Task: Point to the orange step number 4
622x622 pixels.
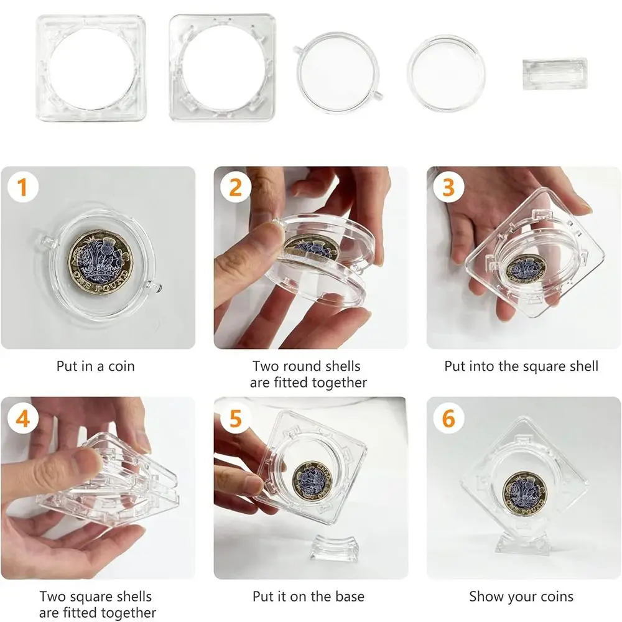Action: [22, 419]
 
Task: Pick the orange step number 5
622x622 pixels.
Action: [236, 419]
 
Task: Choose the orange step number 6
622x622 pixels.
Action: [448, 419]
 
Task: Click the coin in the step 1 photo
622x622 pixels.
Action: [100, 262]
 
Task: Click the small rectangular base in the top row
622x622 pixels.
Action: [555, 74]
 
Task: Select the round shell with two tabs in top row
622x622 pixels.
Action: [338, 73]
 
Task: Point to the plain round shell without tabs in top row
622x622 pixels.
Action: [446, 73]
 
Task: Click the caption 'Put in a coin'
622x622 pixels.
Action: [96, 366]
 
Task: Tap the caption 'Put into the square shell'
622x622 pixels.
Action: [521, 366]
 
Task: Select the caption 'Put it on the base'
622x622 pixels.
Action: [309, 596]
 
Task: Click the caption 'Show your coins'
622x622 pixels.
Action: [521, 596]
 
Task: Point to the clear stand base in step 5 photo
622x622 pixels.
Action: [335, 548]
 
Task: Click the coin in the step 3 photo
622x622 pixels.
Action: [526, 269]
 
